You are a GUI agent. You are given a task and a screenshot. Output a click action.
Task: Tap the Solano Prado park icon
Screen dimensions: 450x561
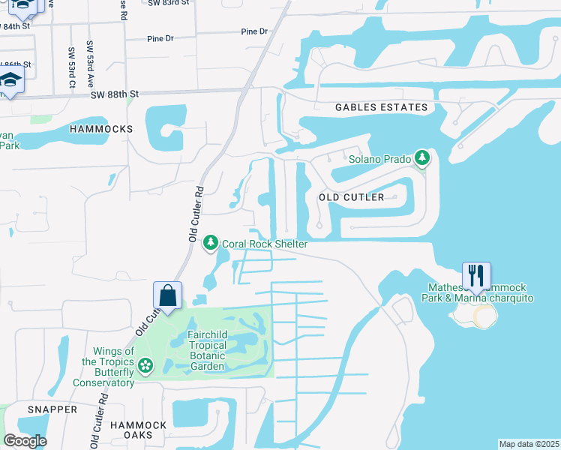click(423, 158)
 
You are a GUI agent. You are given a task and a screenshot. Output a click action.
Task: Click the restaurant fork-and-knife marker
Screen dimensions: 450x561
click(476, 275)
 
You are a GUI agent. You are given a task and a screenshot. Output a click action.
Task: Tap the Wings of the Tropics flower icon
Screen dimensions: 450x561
click(145, 367)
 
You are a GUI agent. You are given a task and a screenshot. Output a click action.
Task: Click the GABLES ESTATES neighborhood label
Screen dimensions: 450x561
click(382, 107)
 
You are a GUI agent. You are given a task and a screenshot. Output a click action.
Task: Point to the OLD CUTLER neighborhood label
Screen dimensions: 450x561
click(351, 197)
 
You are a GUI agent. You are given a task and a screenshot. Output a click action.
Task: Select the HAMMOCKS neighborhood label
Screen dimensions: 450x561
click(100, 129)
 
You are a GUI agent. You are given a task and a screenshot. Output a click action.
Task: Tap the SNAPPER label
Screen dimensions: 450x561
click(52, 409)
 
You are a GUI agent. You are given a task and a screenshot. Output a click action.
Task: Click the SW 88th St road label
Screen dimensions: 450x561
click(115, 94)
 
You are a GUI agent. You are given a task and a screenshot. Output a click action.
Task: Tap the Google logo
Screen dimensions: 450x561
click(25, 441)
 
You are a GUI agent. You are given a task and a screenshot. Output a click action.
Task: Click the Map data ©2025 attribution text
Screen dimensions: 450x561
click(529, 444)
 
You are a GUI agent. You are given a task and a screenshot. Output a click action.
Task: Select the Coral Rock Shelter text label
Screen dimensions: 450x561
click(265, 244)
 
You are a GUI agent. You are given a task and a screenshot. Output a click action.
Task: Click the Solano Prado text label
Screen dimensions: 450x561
click(381, 159)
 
